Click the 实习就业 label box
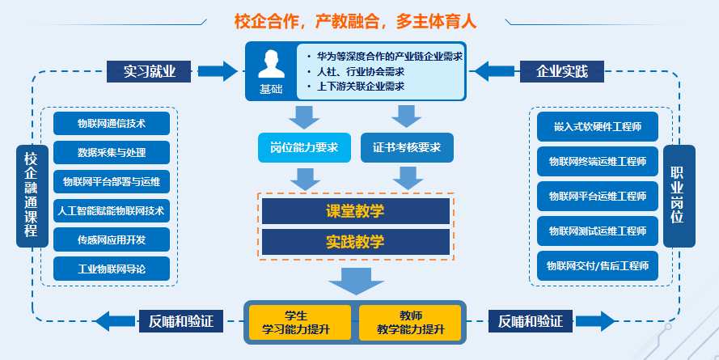(x=149, y=71)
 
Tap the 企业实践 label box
(x=562, y=71)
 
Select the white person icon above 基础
(x=271, y=64)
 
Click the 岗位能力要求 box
(x=304, y=148)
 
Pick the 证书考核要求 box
(x=407, y=148)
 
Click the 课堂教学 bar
(x=355, y=211)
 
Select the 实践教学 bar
(x=355, y=242)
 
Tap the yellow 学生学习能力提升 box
(x=300, y=323)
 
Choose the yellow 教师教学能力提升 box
(x=410, y=323)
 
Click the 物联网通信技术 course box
(x=112, y=123)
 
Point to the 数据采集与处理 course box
(x=112, y=152)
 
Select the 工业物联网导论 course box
(x=112, y=269)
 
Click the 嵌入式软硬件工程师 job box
(x=598, y=126)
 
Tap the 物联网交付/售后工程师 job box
(x=598, y=265)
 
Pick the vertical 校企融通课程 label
(x=32, y=196)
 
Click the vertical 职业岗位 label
(x=679, y=196)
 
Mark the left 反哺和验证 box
(x=181, y=321)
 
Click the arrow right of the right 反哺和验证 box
(x=595, y=321)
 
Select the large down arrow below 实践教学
(x=356, y=281)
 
